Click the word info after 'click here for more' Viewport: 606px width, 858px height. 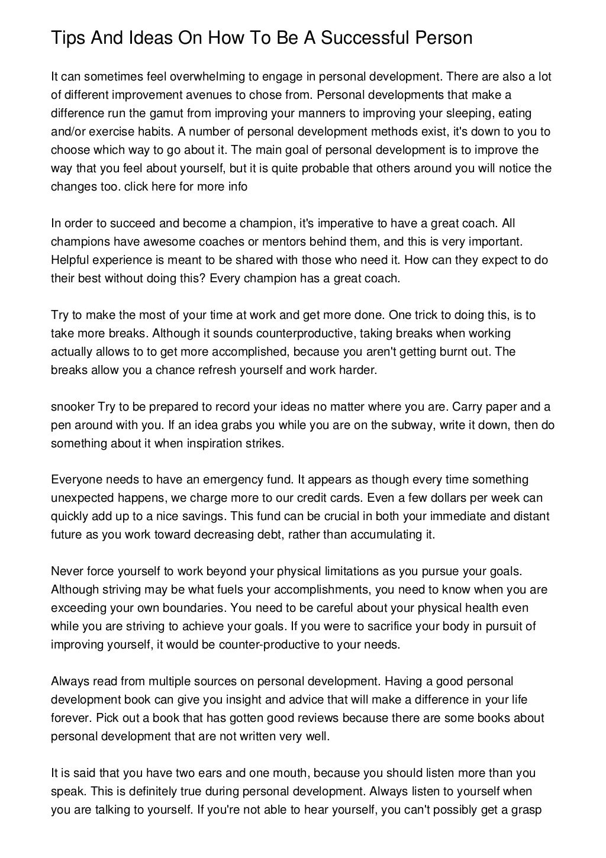click(236, 186)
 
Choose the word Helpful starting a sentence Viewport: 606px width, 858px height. click(69, 260)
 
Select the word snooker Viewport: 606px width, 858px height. click(72, 407)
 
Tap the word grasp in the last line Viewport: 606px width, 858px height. click(527, 809)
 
